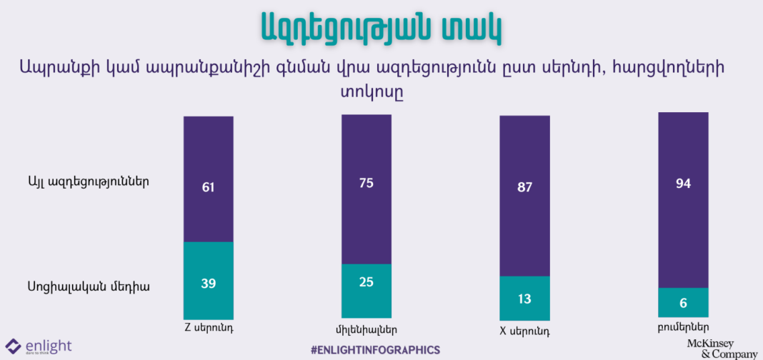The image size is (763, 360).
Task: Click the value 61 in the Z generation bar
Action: click(x=208, y=187)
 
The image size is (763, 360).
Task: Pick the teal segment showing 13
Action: click(x=524, y=298)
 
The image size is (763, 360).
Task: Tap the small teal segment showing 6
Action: click(x=682, y=303)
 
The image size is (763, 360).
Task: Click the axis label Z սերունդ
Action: click(x=209, y=329)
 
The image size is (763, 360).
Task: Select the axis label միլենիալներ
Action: click(x=366, y=330)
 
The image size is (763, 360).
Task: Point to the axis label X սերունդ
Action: click(x=524, y=331)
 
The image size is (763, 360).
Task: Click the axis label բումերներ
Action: click(x=683, y=329)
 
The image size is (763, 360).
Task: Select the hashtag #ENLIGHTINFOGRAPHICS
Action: click(x=375, y=350)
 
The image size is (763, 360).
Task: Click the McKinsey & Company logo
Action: click(x=721, y=349)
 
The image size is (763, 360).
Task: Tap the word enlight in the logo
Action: click(x=48, y=346)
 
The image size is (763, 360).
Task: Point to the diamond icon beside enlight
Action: click(x=13, y=347)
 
